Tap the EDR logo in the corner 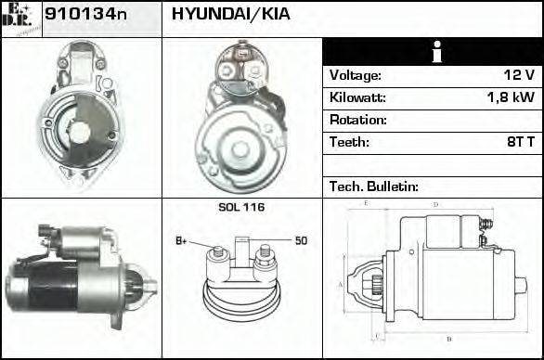[21, 18]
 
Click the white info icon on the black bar [433, 52]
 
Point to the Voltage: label [355, 75]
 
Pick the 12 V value [517, 75]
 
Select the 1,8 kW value [510, 97]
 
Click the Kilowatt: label [357, 97]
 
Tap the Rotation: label [357, 120]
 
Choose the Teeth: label [349, 142]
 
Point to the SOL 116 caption [241, 207]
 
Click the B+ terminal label [182, 241]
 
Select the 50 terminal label [301, 241]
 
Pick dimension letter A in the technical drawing [341, 285]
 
